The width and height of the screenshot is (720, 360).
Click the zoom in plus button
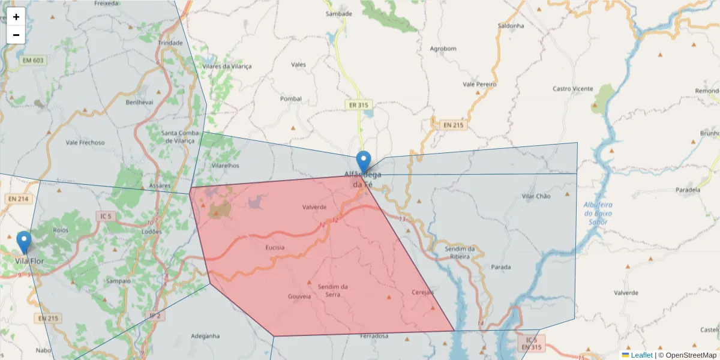tap(16, 17)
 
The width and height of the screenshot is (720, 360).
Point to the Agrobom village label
tap(443, 49)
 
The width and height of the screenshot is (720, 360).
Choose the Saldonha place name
tap(511, 26)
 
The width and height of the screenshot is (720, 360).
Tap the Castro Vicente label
tap(572, 89)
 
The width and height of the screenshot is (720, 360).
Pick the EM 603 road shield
tap(34, 60)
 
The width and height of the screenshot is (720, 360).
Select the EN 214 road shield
tap(19, 199)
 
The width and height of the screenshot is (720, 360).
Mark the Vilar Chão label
tap(536, 196)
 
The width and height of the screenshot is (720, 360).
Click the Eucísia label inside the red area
tap(274, 247)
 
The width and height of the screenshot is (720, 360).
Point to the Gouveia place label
tap(299, 296)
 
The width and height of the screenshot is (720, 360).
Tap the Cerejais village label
tap(422, 292)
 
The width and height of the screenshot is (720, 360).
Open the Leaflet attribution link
tap(641, 355)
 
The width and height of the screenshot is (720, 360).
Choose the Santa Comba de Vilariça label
tap(178, 137)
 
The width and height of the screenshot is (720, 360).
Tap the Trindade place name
tap(170, 43)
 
